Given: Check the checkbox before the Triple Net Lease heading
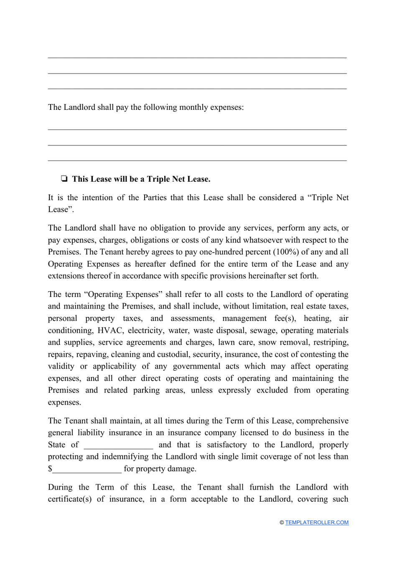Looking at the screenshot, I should click(x=64, y=179).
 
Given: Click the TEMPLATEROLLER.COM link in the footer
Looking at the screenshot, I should click(x=317, y=523).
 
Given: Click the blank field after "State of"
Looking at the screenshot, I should click(x=118, y=445).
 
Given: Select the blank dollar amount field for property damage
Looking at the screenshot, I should click(x=87, y=469).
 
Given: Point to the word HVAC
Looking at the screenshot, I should click(x=110, y=330).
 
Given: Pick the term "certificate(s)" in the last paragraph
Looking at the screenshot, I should click(x=70, y=499).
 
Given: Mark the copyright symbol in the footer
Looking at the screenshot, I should click(x=282, y=523).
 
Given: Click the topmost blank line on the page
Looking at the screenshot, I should click(x=197, y=56).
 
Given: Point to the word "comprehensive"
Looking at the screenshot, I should click(x=322, y=421).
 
